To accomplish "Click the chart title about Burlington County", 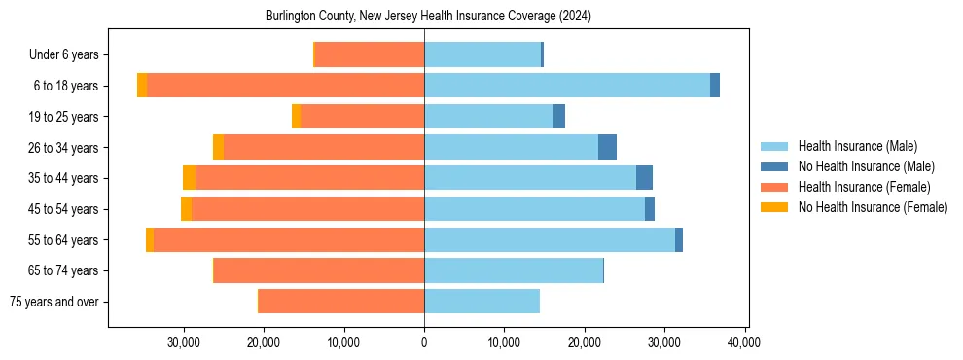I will pos(428,17).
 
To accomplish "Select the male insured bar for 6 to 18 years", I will pos(567,86).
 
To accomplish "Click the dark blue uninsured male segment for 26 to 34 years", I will pos(607,147).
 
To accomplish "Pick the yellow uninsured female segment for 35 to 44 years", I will pos(189,178).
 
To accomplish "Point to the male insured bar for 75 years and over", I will pos(481,302).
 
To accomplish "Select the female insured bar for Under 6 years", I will pos(370,54).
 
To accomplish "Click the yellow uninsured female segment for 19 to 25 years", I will pos(296,117).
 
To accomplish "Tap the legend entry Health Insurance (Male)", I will pos(857,147).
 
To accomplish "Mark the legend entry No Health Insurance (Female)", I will pos(873,207).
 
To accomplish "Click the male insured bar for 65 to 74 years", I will pos(514,270).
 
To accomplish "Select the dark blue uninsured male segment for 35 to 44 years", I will pos(644,178).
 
